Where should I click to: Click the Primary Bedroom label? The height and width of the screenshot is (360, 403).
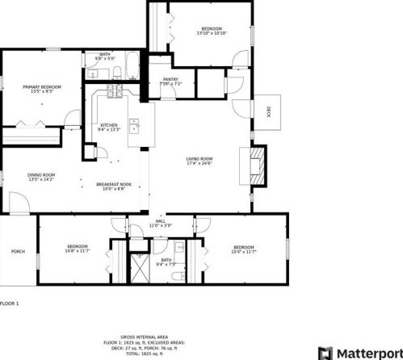[41, 87]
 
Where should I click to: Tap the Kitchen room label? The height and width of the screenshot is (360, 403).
[108, 125]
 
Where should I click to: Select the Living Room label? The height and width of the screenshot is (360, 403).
[199, 159]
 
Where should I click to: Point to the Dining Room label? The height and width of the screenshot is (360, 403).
[41, 175]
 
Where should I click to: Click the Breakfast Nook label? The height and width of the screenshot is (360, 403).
[114, 185]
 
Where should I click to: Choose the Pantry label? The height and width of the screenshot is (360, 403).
[161, 79]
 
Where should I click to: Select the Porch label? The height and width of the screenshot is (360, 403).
[18, 251]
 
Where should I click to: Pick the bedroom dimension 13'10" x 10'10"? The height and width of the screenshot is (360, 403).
[212, 33]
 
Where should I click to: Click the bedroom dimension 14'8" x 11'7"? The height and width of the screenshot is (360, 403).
[78, 251]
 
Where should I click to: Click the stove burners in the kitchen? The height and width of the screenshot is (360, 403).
[112, 94]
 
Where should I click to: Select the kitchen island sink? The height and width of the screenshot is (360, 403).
[134, 126]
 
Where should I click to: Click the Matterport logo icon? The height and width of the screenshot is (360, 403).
[325, 352]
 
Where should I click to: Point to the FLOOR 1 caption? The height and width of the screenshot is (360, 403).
[9, 303]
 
